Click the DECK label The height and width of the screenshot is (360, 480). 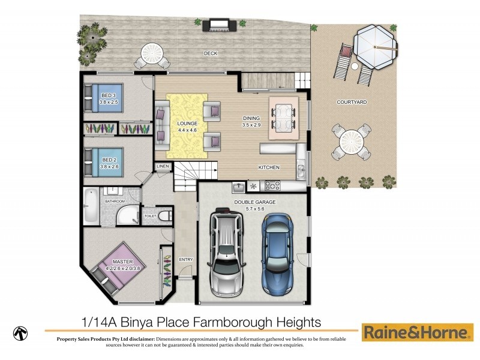point(210,53)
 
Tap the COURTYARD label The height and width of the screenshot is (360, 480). point(352,103)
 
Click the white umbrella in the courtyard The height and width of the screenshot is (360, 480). point(374,44)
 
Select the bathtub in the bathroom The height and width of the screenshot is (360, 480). point(91,206)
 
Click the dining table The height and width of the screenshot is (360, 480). point(283,117)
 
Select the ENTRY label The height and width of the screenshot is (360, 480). point(186,259)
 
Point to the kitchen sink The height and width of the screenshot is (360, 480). point(239,186)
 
